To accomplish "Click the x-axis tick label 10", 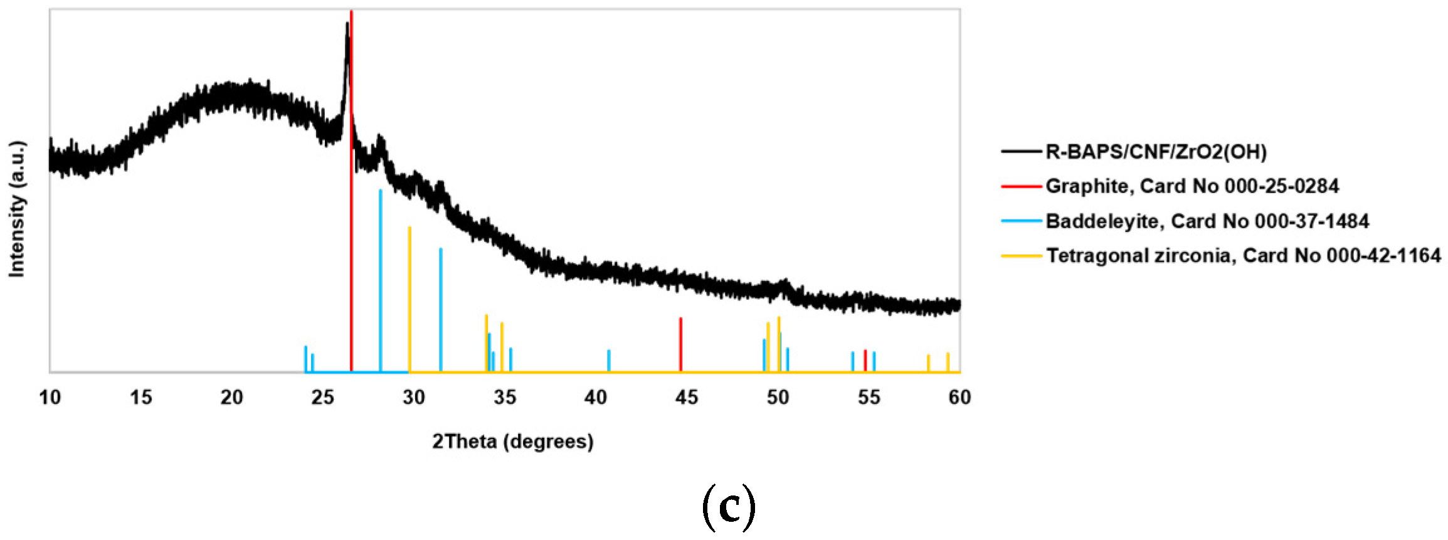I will click(x=50, y=398).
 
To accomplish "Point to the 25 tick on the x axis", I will click(x=322, y=398).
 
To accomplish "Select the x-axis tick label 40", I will click(x=596, y=398).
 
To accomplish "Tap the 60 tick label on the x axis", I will click(x=959, y=398).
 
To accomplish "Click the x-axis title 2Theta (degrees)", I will click(x=512, y=442).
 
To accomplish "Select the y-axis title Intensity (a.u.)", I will click(x=17, y=209).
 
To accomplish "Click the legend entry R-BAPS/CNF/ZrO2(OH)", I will click(x=1156, y=152).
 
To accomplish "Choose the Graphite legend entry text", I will click(x=1192, y=186).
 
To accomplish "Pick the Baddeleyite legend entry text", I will click(x=1207, y=221).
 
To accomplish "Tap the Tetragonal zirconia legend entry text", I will click(x=1243, y=255).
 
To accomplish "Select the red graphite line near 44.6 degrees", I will click(x=680, y=345).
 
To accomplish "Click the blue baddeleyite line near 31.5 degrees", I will click(x=441, y=310).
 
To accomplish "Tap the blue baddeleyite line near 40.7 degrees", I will click(x=609, y=361).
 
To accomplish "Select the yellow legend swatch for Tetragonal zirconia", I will click(x=1021, y=256).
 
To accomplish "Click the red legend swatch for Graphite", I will click(x=1021, y=186).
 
